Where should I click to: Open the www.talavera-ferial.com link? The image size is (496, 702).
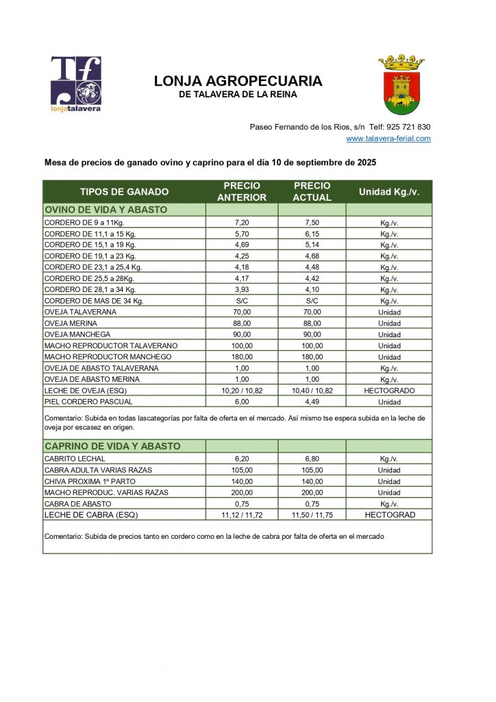[388, 138]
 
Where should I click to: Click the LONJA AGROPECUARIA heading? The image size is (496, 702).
[238, 81]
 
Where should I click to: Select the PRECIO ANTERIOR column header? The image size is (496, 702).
[242, 192]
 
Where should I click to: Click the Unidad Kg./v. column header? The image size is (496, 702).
[388, 192]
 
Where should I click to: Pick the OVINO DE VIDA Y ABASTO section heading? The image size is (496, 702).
[106, 210]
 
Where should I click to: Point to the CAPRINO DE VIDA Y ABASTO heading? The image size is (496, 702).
[112, 446]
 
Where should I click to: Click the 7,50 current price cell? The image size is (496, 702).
[311, 223]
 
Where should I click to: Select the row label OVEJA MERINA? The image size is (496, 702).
[71, 324]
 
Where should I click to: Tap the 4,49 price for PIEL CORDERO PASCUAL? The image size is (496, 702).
[311, 402]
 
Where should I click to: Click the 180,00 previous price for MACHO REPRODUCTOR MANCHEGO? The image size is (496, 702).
[243, 357]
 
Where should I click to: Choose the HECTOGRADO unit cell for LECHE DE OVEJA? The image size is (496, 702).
[388, 390]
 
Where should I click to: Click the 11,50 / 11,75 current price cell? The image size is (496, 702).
[311, 514]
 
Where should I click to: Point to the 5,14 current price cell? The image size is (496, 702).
[311, 245]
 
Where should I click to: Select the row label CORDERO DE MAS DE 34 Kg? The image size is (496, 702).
[94, 301]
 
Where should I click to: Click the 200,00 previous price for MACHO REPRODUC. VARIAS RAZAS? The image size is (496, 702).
[243, 492]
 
